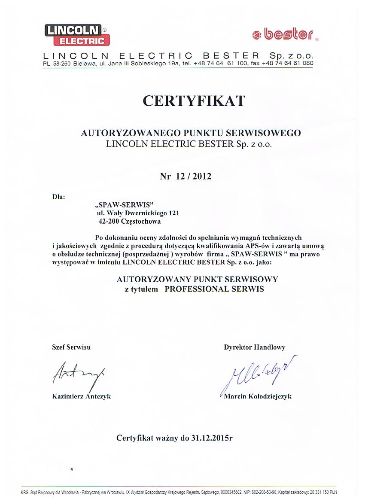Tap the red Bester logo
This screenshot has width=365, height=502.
click(x=284, y=34)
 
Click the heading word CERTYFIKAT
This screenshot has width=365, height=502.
click(x=194, y=100)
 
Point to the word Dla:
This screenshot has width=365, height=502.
click(x=58, y=197)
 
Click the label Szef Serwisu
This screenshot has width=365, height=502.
click(x=71, y=347)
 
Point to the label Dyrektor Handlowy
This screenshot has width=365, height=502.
click(x=254, y=347)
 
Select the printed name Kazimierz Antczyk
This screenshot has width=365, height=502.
click(x=81, y=396)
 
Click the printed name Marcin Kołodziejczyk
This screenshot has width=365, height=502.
click(x=258, y=396)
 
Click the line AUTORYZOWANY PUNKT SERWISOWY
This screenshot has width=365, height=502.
click(x=198, y=279)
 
